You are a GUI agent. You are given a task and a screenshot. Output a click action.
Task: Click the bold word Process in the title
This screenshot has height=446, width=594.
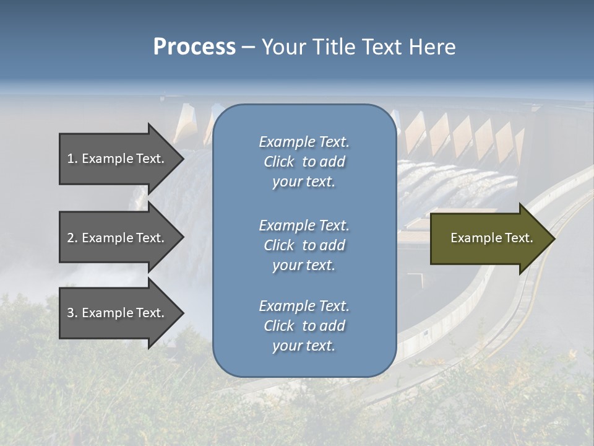pos(194,47)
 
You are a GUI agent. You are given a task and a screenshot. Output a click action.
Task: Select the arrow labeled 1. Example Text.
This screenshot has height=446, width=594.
pos(118,159)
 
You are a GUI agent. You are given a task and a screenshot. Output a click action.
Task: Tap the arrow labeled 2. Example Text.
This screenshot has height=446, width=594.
pos(118,238)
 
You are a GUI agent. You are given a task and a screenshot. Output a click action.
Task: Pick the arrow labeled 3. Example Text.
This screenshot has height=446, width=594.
pos(118,313)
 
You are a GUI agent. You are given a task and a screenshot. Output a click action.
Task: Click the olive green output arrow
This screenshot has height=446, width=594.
pos(489,238)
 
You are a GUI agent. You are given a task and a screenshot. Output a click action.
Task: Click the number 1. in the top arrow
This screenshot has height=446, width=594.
pos(72,159)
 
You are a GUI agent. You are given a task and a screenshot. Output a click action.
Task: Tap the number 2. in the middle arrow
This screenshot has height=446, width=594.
pos(72,238)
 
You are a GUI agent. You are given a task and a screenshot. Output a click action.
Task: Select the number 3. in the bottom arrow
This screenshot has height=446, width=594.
pos(72,313)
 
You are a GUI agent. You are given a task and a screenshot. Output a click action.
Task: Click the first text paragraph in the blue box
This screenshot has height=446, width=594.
pos(304,162)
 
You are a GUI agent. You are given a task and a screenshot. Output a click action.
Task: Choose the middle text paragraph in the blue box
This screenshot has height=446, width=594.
pos(304,245)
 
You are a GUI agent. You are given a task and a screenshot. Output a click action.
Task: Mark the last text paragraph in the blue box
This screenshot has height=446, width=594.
pos(304,326)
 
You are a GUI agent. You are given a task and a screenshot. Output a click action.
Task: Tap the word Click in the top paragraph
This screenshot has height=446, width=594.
pos(279,162)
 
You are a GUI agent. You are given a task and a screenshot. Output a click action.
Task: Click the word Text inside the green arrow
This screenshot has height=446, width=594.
pos(519,238)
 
